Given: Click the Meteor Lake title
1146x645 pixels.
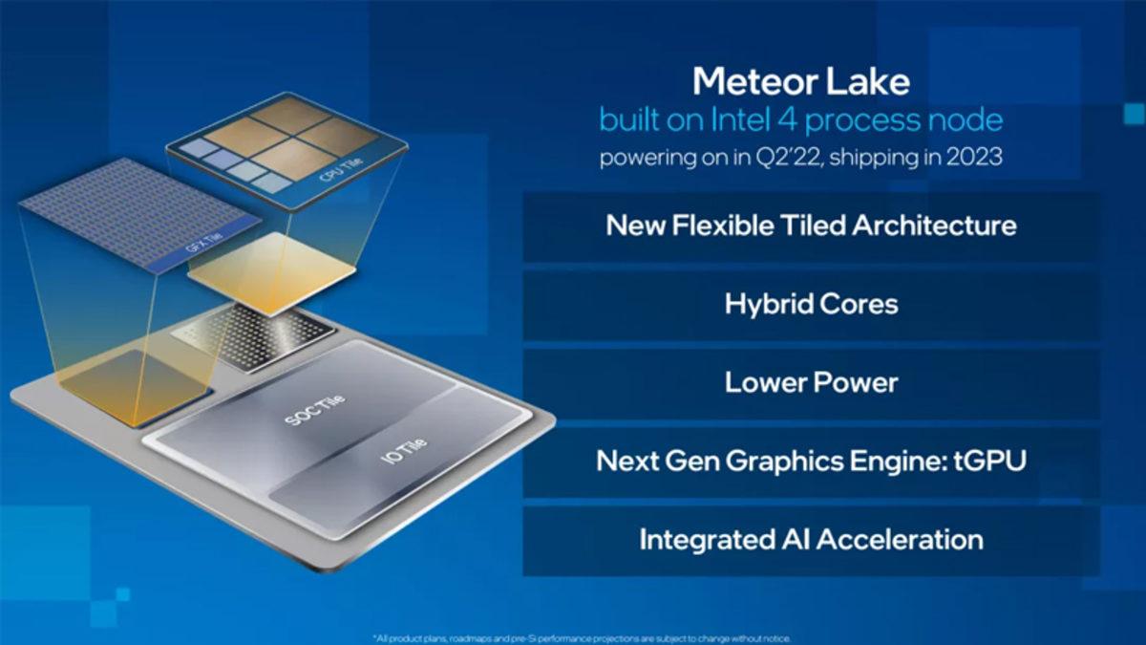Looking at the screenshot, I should tap(800, 81).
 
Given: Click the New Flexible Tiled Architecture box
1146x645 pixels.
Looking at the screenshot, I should tap(811, 226).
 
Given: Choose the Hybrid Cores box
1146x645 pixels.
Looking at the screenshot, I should tap(811, 305).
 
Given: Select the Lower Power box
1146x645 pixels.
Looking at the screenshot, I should tap(811, 383).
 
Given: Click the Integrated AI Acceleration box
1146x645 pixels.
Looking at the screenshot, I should tap(811, 539).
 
